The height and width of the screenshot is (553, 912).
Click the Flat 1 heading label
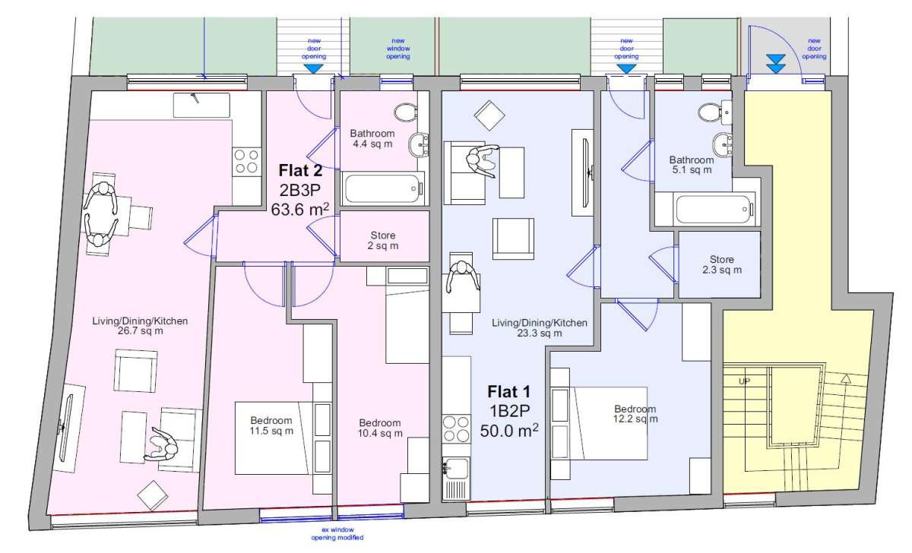(x=508, y=393)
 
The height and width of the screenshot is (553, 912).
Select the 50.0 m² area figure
(x=508, y=431)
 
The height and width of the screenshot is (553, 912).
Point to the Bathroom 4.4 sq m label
(x=372, y=138)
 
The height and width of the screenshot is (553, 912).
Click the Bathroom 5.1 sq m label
(x=691, y=165)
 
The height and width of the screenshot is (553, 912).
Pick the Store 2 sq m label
(x=383, y=241)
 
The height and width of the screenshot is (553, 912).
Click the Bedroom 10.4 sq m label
(x=380, y=428)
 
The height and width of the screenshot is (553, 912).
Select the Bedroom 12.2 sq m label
(x=635, y=414)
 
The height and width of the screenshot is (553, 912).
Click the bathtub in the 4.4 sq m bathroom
(x=382, y=188)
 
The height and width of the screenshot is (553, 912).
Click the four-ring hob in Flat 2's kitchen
(x=245, y=162)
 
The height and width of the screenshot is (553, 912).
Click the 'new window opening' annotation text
(x=398, y=49)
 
